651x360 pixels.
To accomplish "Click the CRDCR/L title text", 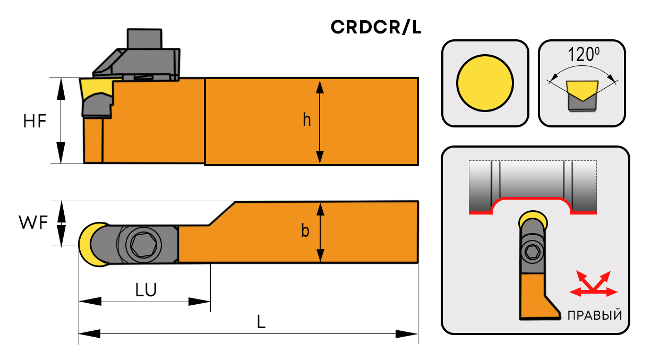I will pyautogui.click(x=376, y=27).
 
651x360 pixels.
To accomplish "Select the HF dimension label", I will pyautogui.click(x=35, y=122).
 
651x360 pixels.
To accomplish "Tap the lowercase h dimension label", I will pyautogui.click(x=307, y=121).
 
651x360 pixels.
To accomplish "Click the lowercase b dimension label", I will pyautogui.click(x=305, y=232).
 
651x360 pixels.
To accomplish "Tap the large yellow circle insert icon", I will pyautogui.click(x=485, y=83).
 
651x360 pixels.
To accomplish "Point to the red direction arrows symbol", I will pyautogui.click(x=594, y=284).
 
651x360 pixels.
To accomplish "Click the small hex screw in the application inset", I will pyautogui.click(x=533, y=252).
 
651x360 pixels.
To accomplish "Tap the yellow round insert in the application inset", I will pyautogui.click(x=533, y=219).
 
